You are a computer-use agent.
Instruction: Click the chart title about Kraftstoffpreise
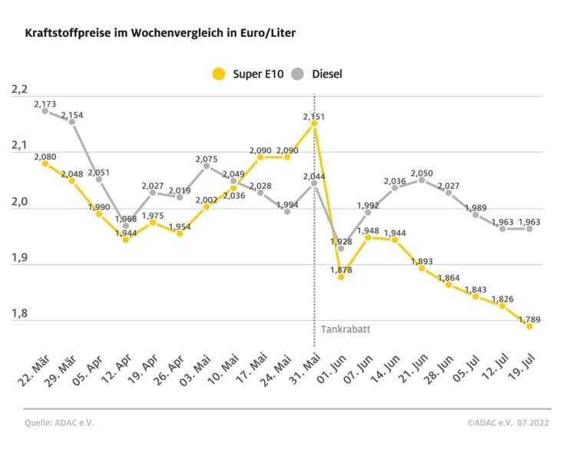pos(160,34)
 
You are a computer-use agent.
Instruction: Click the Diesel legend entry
pos(319,74)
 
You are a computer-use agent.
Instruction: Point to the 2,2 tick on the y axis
pos(20,90)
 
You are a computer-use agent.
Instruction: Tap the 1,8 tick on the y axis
pos(20,314)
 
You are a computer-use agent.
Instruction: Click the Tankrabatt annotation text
pos(341,331)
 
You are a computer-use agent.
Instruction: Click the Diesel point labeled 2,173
pos(45,111)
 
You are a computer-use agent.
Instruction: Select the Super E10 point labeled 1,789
pos(529,326)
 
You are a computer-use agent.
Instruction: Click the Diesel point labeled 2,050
pos(422,180)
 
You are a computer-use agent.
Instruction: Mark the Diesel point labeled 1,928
pos(341,249)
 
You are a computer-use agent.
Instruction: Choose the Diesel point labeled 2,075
pos(207,166)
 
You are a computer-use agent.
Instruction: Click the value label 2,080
pos(45,156)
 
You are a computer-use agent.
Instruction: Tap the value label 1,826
pos(503,298)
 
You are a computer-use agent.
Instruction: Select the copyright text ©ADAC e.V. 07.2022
pos(508,422)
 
